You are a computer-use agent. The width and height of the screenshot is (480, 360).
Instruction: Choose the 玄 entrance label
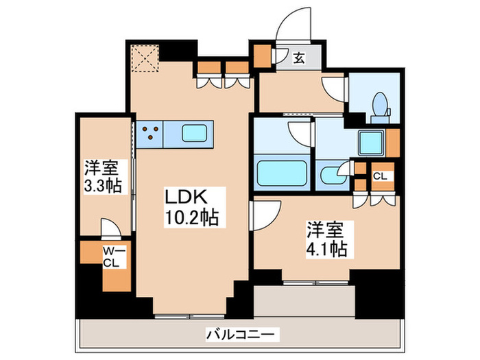300,58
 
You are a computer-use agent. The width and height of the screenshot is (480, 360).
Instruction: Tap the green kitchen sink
198,132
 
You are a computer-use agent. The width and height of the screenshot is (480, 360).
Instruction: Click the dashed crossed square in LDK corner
145,58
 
